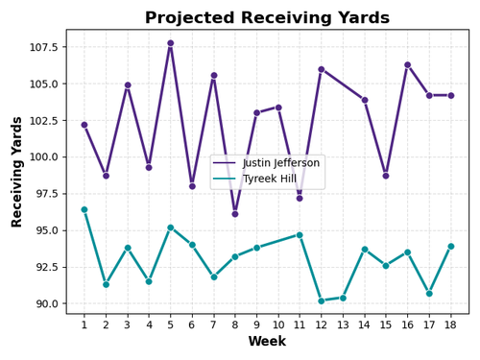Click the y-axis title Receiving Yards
(x=17, y=172)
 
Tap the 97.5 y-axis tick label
(x=47, y=194)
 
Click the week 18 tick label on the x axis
(x=450, y=324)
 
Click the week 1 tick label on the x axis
(x=84, y=324)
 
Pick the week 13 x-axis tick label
(x=343, y=324)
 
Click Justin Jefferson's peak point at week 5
(x=171, y=43)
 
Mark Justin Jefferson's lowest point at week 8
(x=235, y=214)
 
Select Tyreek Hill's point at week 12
(x=322, y=300)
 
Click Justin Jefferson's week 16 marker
(x=407, y=64)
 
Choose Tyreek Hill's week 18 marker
(x=450, y=246)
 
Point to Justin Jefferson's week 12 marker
(x=322, y=69)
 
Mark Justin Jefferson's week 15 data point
(x=386, y=176)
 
